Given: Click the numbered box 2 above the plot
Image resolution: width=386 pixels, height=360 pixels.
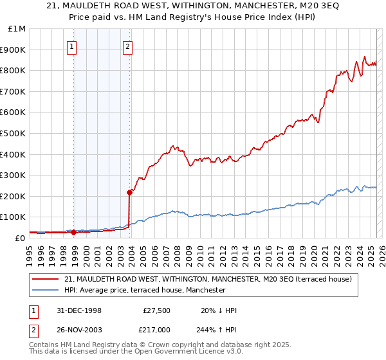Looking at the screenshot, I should [128, 46].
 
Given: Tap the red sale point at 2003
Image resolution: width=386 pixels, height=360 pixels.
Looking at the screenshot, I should [129, 192].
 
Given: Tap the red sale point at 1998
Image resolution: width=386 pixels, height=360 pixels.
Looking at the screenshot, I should [74, 232].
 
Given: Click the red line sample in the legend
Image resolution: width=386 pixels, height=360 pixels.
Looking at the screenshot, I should [45, 279].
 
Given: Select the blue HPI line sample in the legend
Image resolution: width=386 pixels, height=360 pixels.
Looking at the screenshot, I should [45, 290].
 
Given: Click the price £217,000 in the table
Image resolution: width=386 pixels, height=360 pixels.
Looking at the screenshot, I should [156, 328].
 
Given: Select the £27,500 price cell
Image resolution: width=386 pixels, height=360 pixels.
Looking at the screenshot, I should [156, 310].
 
